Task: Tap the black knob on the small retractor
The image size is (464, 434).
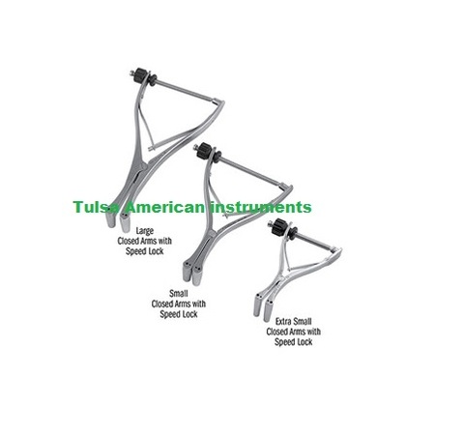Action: pyautogui.click(x=204, y=150)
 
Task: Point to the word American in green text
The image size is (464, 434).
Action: pyautogui.click(x=165, y=207)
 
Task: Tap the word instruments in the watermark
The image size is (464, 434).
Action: pyautogui.click(x=261, y=207)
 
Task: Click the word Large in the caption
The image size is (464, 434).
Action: pyautogui.click(x=145, y=231)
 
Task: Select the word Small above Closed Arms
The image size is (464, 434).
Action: pyautogui.click(x=179, y=293)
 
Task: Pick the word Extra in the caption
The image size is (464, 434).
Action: pyautogui.click(x=283, y=321)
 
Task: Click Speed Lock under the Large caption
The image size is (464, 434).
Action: pyautogui.click(x=145, y=251)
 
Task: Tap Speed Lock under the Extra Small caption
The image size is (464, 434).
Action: pyautogui.click(x=294, y=342)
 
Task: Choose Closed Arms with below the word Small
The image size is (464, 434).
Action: pyautogui.click(x=179, y=304)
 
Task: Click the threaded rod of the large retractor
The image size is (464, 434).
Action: pyautogui.click(x=186, y=90)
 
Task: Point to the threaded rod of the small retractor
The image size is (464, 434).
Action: pyautogui.click(x=252, y=171)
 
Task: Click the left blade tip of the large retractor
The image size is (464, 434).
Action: pyautogui.click(x=110, y=220)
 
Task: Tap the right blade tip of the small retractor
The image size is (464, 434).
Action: pyautogui.click(x=197, y=276)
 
